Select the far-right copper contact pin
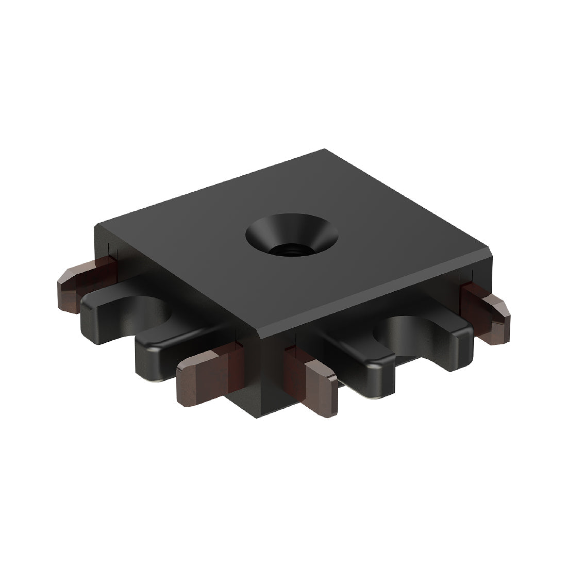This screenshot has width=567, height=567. click(487, 312)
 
